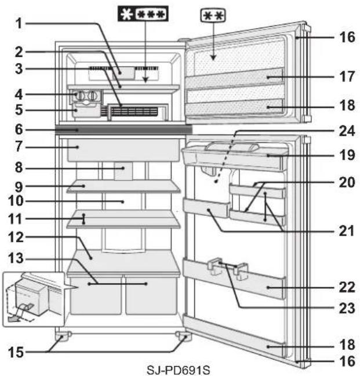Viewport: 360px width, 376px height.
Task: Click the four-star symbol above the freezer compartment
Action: pyautogui.click(x=142, y=12)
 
